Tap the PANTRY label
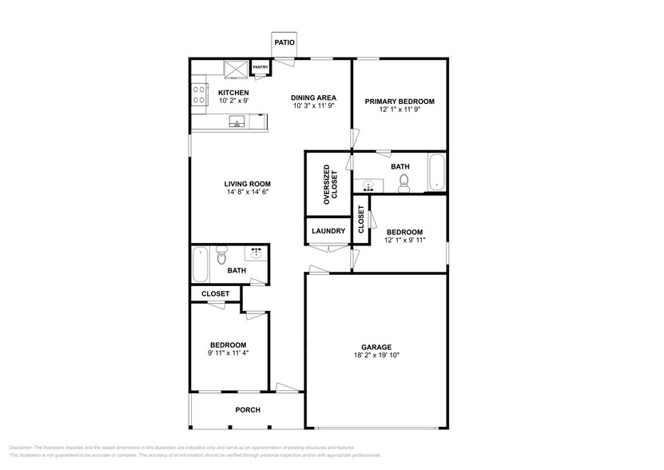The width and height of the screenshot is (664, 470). [x=260, y=68]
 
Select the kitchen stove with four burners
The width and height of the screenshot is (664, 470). [x=198, y=95]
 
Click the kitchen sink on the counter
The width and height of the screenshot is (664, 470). [x=237, y=122]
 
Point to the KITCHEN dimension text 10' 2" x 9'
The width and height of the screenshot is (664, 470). [x=233, y=102]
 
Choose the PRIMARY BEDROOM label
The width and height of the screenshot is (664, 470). [x=400, y=102]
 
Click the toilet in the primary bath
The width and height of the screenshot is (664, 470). [x=404, y=185]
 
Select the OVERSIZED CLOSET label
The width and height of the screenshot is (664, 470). [x=330, y=186]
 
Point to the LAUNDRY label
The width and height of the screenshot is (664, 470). [x=328, y=231]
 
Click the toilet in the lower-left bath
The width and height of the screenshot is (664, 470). [x=222, y=256]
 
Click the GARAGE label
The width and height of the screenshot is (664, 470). [x=375, y=348]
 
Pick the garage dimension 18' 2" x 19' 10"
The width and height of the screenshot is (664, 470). [x=375, y=356]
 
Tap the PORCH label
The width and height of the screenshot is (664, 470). [x=247, y=410]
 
